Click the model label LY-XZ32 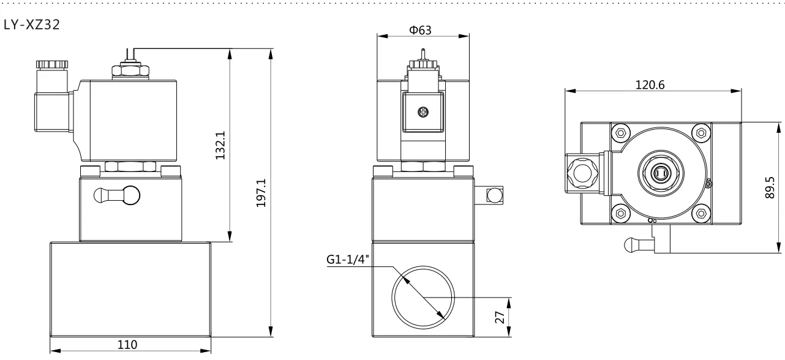[32, 24]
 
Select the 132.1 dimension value [220, 145]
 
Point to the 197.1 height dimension [261, 193]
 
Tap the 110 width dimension [127, 345]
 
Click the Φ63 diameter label [420, 30]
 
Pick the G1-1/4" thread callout [348, 260]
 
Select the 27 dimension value [500, 317]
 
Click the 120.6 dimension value [650, 85]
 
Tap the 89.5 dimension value [770, 187]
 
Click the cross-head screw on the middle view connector [423, 112]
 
